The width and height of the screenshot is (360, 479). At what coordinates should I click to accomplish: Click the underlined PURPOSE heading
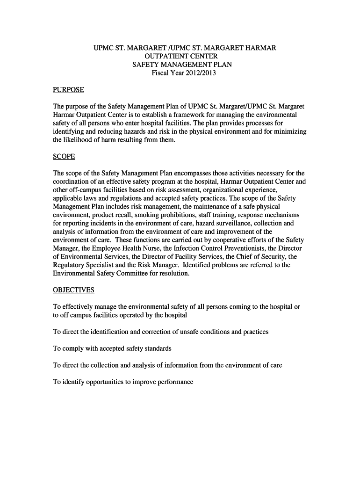point(68,90)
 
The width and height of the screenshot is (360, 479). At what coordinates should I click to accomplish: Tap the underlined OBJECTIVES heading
point(73,290)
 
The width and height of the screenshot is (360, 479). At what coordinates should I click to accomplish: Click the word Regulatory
point(71,266)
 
